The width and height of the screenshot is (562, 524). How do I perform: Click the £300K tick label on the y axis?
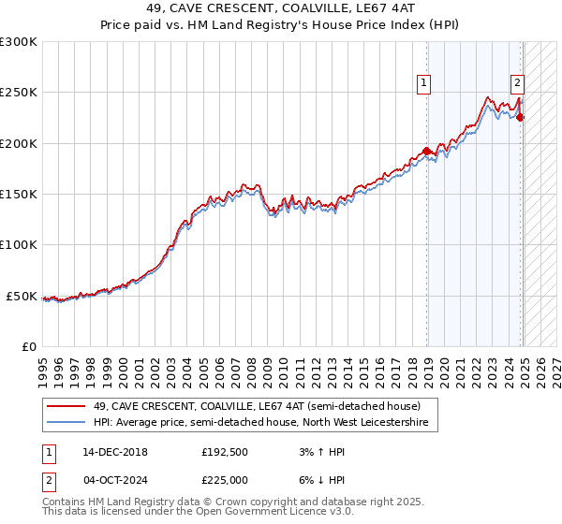click(x=18, y=42)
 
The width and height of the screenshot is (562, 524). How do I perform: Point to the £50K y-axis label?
click(x=22, y=296)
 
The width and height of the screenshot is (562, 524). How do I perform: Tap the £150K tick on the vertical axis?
click(x=18, y=195)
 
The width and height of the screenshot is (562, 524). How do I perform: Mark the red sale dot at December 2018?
click(x=426, y=151)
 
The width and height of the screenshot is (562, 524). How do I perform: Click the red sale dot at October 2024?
click(x=520, y=118)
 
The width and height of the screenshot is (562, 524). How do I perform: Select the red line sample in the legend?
click(x=67, y=407)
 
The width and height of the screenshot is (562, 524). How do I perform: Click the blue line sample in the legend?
click(x=67, y=423)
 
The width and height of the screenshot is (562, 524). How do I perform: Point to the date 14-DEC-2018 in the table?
click(x=109, y=451)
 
